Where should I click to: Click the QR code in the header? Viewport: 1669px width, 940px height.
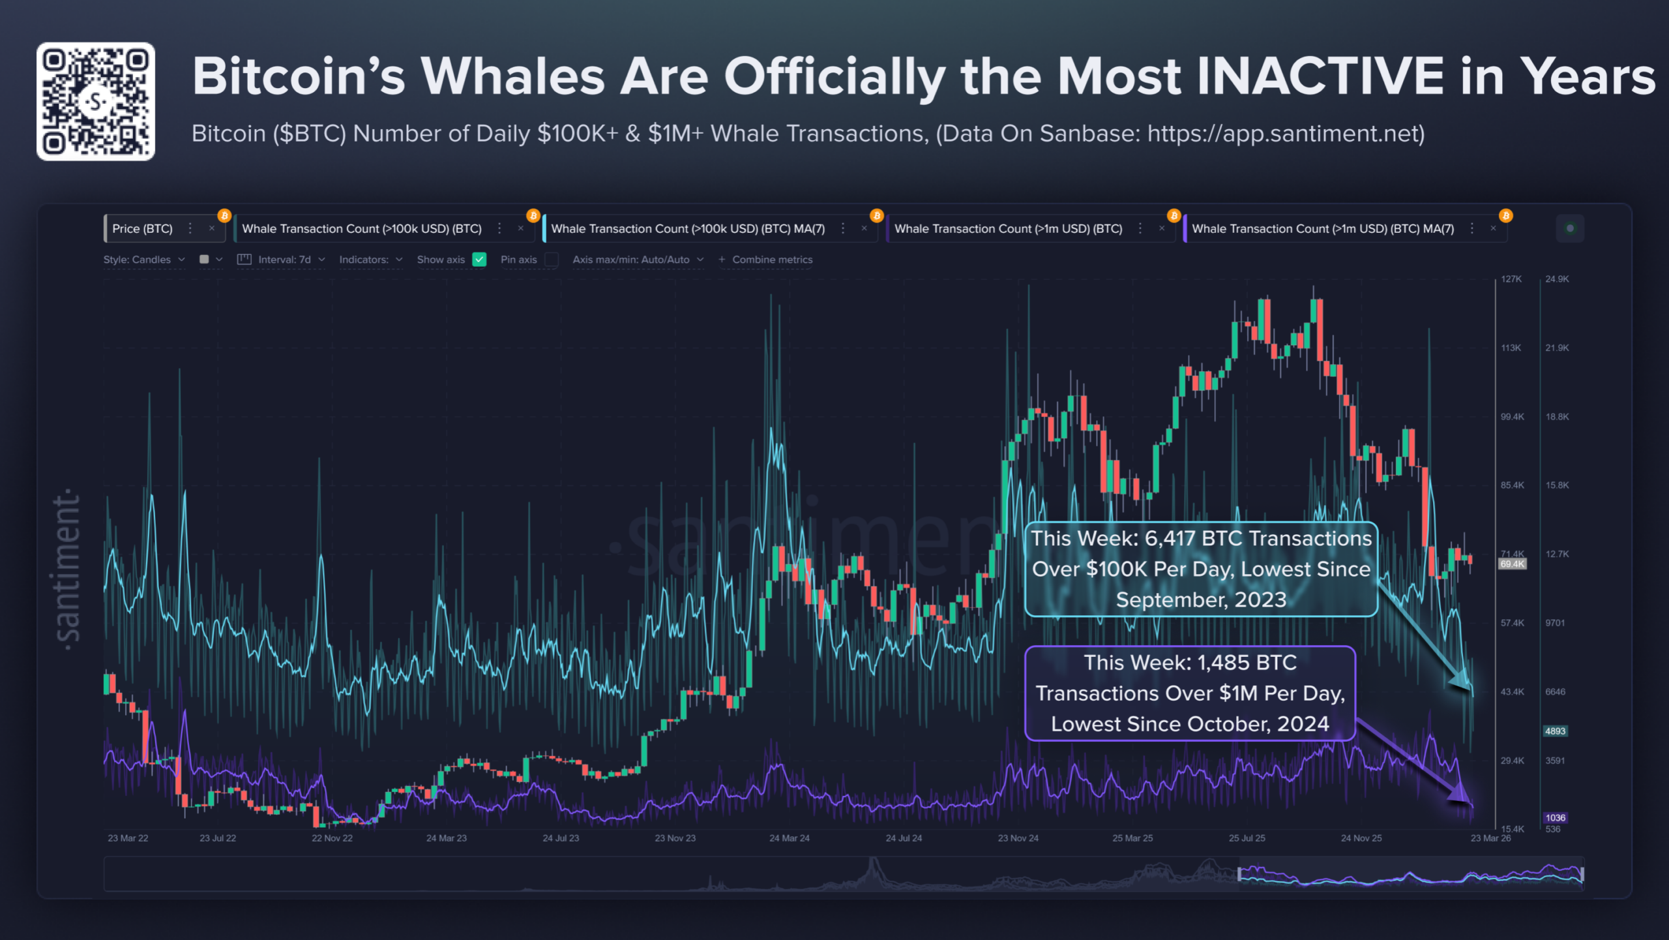point(96,101)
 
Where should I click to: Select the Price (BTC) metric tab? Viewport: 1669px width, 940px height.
point(142,229)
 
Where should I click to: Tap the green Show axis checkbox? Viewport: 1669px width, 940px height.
point(479,260)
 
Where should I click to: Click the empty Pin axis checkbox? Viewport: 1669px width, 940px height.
point(552,260)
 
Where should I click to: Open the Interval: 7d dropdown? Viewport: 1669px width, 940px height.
point(284,260)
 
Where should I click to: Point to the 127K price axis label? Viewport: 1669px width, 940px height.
point(1511,279)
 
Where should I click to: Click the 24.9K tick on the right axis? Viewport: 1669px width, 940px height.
point(1557,279)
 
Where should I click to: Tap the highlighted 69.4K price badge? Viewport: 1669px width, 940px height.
point(1512,564)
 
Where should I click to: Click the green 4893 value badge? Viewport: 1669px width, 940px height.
point(1555,731)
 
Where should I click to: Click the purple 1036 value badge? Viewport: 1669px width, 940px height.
point(1555,818)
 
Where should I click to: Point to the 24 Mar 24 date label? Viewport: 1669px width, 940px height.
point(789,838)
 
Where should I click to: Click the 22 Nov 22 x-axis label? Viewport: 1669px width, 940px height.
point(332,838)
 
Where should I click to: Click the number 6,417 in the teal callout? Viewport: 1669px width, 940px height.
point(1170,539)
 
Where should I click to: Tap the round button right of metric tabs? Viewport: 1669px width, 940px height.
point(1570,228)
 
